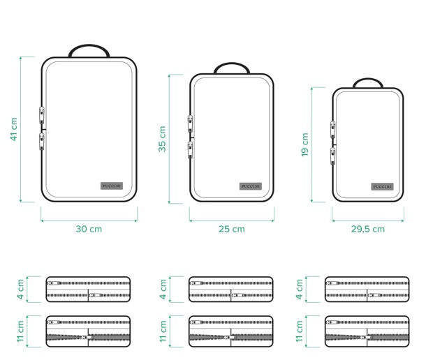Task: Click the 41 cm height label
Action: (14, 129)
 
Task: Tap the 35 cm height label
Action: (162, 139)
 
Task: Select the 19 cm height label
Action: (304, 144)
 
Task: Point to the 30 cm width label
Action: (89, 229)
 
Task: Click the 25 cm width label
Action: (232, 229)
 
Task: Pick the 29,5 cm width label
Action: (368, 229)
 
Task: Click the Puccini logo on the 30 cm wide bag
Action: (112, 186)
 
